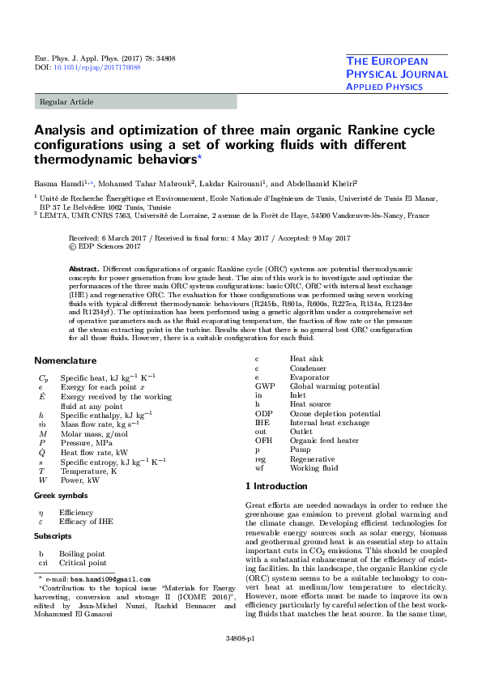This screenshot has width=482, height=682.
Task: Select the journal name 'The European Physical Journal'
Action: pyautogui.click(x=397, y=67)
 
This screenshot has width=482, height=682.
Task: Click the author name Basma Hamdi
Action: pyautogui.click(x=58, y=184)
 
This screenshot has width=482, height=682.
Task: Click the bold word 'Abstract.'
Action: pyautogui.click(x=84, y=268)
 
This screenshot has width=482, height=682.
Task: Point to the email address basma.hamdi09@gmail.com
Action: pyautogui.click(x=110, y=580)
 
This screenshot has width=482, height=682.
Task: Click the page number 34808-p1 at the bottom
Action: pyautogui.click(x=241, y=661)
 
